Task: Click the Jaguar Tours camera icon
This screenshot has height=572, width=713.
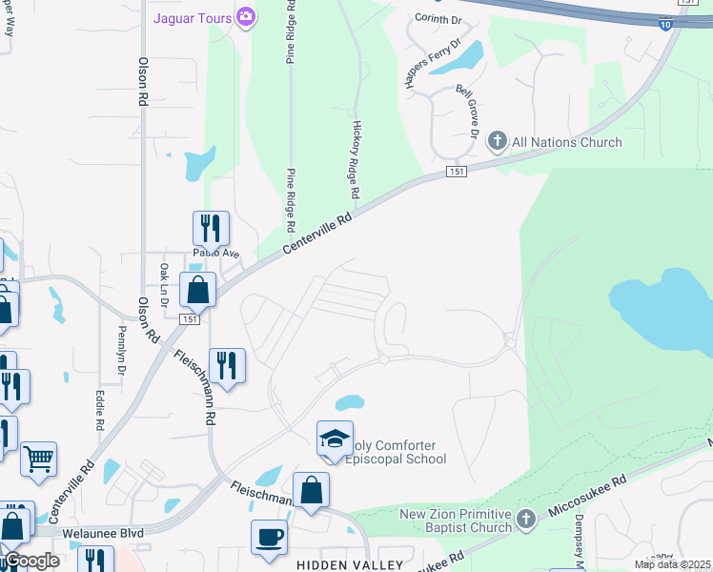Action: [246, 16]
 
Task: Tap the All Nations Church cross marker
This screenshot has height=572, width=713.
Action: [497, 142]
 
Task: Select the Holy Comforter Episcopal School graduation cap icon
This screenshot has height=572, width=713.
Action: [335, 438]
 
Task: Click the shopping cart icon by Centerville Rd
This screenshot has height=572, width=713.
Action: [38, 459]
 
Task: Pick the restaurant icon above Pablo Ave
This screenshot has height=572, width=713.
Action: [212, 228]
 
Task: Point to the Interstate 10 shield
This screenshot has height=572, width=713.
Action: [664, 26]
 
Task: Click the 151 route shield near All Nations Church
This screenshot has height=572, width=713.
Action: [457, 172]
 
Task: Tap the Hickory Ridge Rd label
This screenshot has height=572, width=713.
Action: [356, 159]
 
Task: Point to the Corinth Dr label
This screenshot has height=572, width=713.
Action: [438, 18]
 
